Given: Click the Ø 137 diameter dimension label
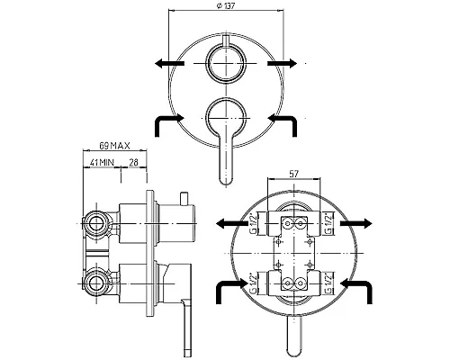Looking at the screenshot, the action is (226, 5).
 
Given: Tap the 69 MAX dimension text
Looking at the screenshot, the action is (115, 146).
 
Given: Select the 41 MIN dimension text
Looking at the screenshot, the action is (102, 163).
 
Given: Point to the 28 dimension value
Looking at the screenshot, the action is (133, 163).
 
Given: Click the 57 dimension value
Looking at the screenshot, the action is (294, 174).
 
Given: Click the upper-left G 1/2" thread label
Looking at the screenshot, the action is (253, 223).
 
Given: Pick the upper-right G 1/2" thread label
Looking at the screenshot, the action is (329, 223).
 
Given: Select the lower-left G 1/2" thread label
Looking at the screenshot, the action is (253, 283).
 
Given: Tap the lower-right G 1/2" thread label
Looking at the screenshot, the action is (329, 283).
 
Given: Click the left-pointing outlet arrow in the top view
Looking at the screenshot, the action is (170, 63).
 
